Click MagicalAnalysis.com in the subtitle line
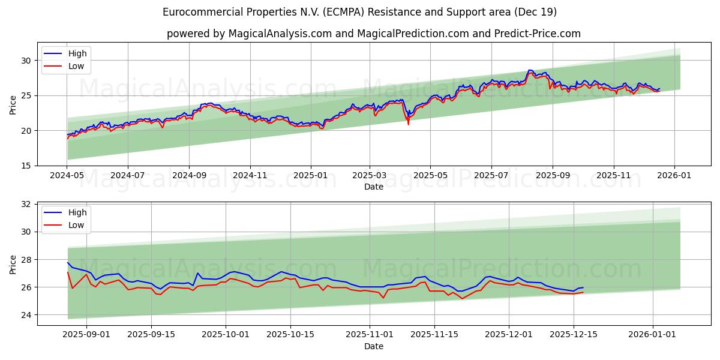pos(280,34)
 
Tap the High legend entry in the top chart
pos(77,53)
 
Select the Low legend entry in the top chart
pos(76,66)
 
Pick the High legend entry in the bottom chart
pos(77,212)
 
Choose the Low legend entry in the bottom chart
pos(76,225)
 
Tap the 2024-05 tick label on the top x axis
pos(67,176)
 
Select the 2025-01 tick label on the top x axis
pos(310,176)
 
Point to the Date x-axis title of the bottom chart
pos(374,346)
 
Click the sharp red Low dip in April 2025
pos(409,124)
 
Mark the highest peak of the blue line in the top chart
pos(529,70)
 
